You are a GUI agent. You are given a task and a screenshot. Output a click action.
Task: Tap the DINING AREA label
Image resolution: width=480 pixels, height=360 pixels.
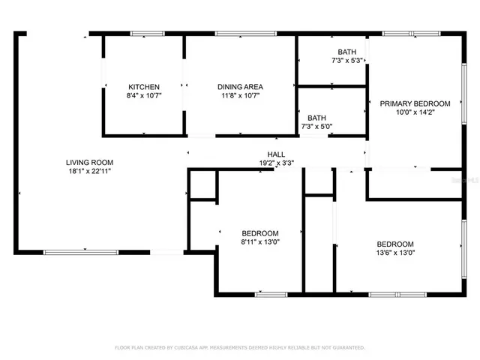[x=240, y=87]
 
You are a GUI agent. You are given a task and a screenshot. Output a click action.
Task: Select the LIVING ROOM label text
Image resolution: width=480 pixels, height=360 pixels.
[x=89, y=162]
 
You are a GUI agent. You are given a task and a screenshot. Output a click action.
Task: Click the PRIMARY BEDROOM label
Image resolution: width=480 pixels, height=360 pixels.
[x=415, y=103]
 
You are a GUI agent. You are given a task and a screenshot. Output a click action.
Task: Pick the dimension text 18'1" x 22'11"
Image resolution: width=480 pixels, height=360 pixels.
[x=89, y=171]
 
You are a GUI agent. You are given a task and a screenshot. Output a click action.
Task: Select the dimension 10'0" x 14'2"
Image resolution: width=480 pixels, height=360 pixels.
[x=415, y=112]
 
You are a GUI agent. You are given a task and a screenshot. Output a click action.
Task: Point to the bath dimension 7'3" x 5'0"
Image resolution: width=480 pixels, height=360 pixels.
[x=316, y=127]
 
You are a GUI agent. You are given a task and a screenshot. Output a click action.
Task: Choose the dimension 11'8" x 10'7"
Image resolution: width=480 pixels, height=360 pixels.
[x=240, y=96]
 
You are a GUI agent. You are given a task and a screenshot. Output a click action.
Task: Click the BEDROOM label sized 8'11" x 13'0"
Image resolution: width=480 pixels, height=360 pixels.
[x=260, y=232]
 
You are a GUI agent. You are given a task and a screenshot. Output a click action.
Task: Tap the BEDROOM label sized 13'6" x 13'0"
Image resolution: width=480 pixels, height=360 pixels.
[x=395, y=244]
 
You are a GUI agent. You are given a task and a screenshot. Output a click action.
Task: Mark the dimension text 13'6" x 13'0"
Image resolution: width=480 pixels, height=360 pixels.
[x=395, y=253]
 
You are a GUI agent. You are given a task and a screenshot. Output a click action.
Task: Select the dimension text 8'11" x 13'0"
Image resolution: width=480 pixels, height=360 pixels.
[x=260, y=241]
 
